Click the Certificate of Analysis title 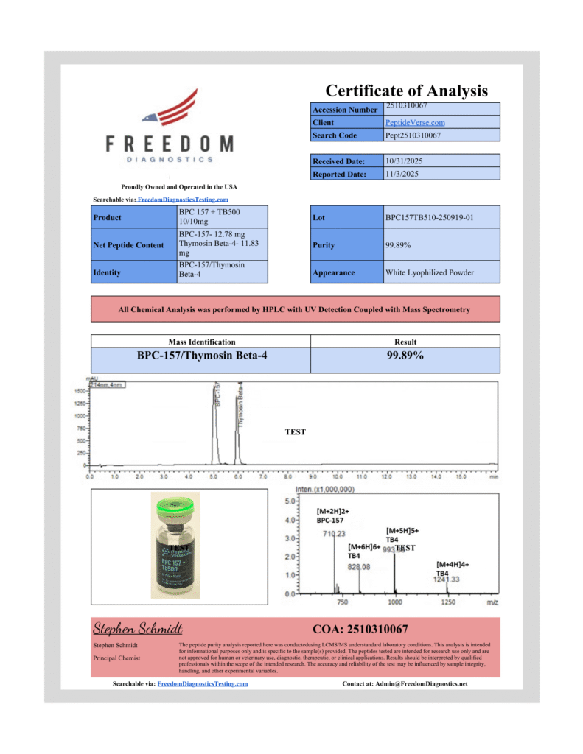point(406,91)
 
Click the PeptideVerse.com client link point(415,123)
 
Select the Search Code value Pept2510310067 point(413,135)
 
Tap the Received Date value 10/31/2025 point(404,161)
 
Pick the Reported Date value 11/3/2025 point(402,175)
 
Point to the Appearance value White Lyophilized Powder point(429,273)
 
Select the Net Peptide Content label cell point(129,245)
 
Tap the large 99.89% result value point(405,356)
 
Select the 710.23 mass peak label point(334,534)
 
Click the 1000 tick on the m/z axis point(395,602)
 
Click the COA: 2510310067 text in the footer point(360,630)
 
